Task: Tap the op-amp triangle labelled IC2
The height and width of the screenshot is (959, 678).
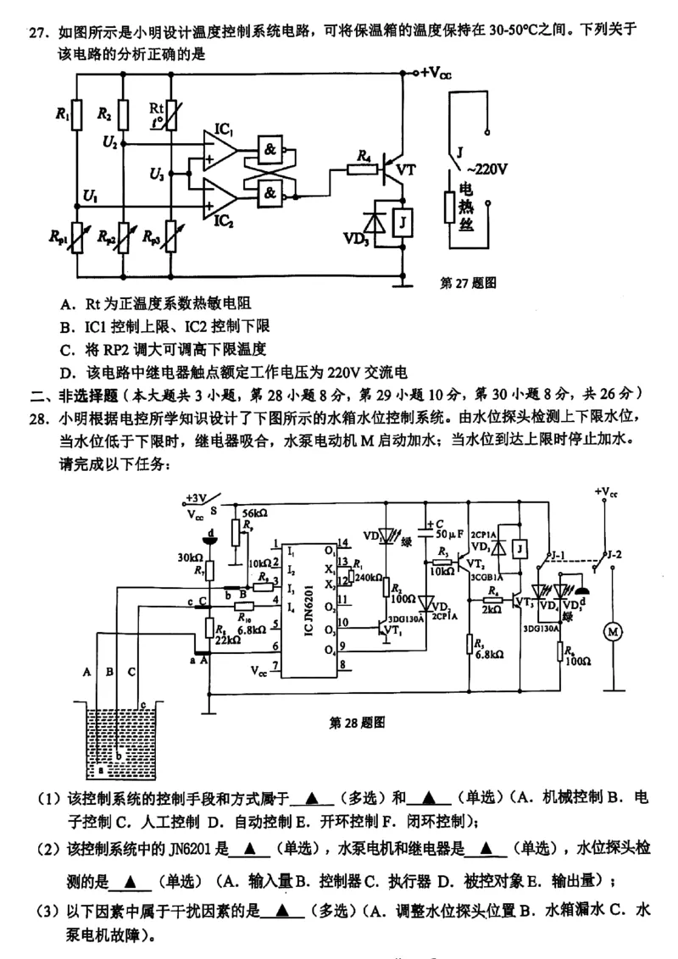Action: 221,196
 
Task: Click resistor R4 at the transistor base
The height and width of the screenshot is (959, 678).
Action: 362,169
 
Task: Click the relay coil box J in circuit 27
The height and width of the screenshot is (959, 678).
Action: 404,222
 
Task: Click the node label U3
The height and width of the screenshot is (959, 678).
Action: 156,175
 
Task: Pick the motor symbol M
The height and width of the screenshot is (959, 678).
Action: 610,631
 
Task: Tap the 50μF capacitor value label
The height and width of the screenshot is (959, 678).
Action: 447,534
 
